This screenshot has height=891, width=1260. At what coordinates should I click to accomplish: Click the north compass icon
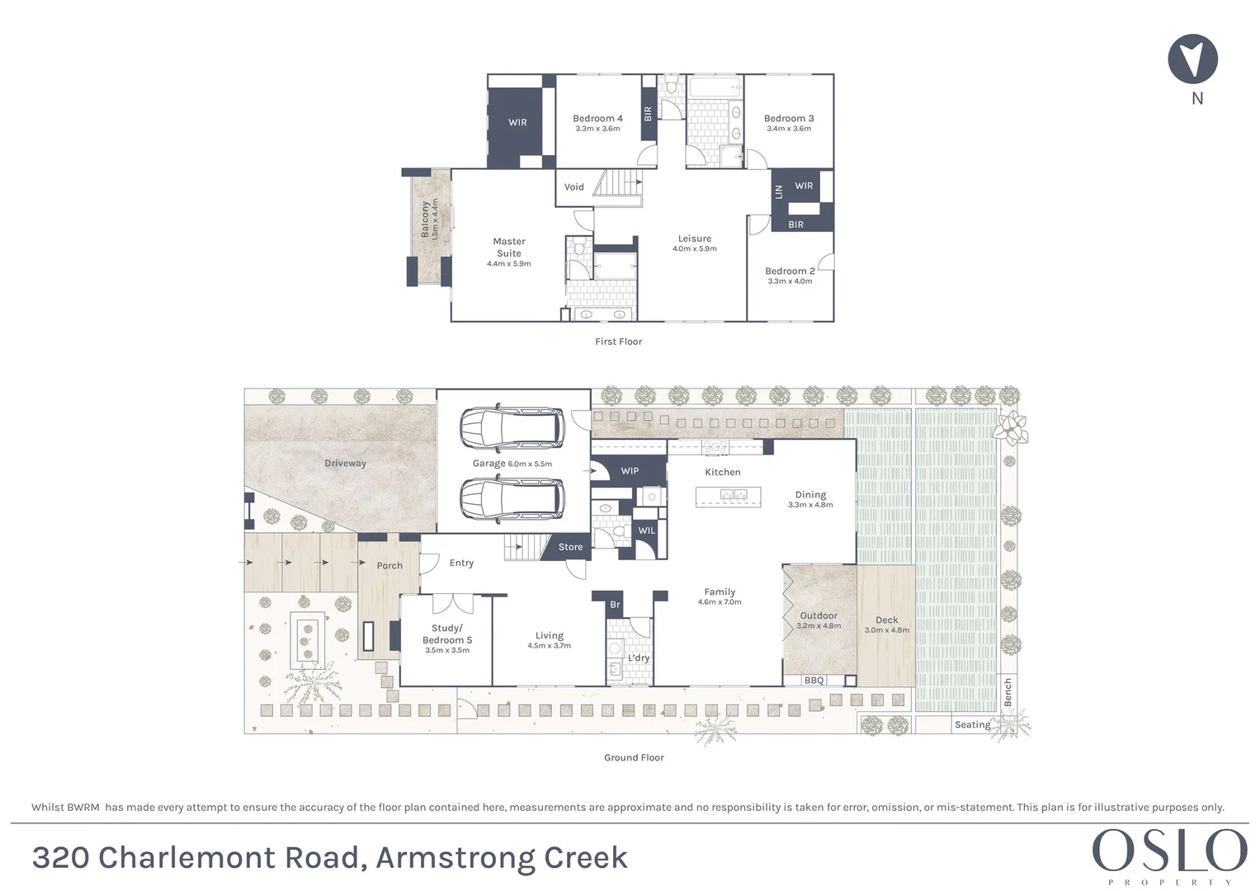click(1192, 59)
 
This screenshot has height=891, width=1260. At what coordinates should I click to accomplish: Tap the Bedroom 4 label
click(597, 119)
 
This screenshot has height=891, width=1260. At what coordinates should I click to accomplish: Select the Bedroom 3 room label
click(788, 119)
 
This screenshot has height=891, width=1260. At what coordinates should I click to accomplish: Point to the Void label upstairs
click(573, 187)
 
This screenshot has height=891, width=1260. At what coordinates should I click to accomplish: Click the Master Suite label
click(508, 247)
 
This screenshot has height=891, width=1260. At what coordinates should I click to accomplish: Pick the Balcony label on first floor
click(426, 219)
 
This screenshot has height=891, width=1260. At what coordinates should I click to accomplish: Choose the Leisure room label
click(694, 238)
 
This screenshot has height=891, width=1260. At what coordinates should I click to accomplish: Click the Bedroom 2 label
click(789, 271)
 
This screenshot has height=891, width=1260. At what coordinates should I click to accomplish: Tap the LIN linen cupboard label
click(778, 191)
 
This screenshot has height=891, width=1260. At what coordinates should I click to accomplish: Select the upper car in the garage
click(512, 427)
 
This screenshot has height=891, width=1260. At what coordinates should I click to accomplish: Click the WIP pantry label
click(630, 471)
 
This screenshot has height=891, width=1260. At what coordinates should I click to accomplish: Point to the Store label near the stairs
click(570, 547)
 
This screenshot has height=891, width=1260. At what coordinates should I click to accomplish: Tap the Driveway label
click(345, 464)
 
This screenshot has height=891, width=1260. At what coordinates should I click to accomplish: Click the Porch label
click(389, 566)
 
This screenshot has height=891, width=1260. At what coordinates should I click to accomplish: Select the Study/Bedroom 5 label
click(446, 634)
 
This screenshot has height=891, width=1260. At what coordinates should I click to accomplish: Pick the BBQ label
click(814, 681)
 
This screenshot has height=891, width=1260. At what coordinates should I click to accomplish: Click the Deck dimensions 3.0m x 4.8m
click(886, 630)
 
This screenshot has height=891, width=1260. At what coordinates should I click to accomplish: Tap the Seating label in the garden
click(972, 724)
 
